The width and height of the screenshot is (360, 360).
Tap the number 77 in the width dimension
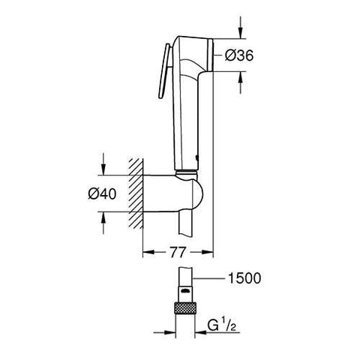[x=178, y=252]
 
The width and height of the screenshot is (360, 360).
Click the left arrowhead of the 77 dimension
[x=146, y=252]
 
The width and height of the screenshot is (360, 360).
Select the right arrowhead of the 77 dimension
[x=211, y=252]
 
